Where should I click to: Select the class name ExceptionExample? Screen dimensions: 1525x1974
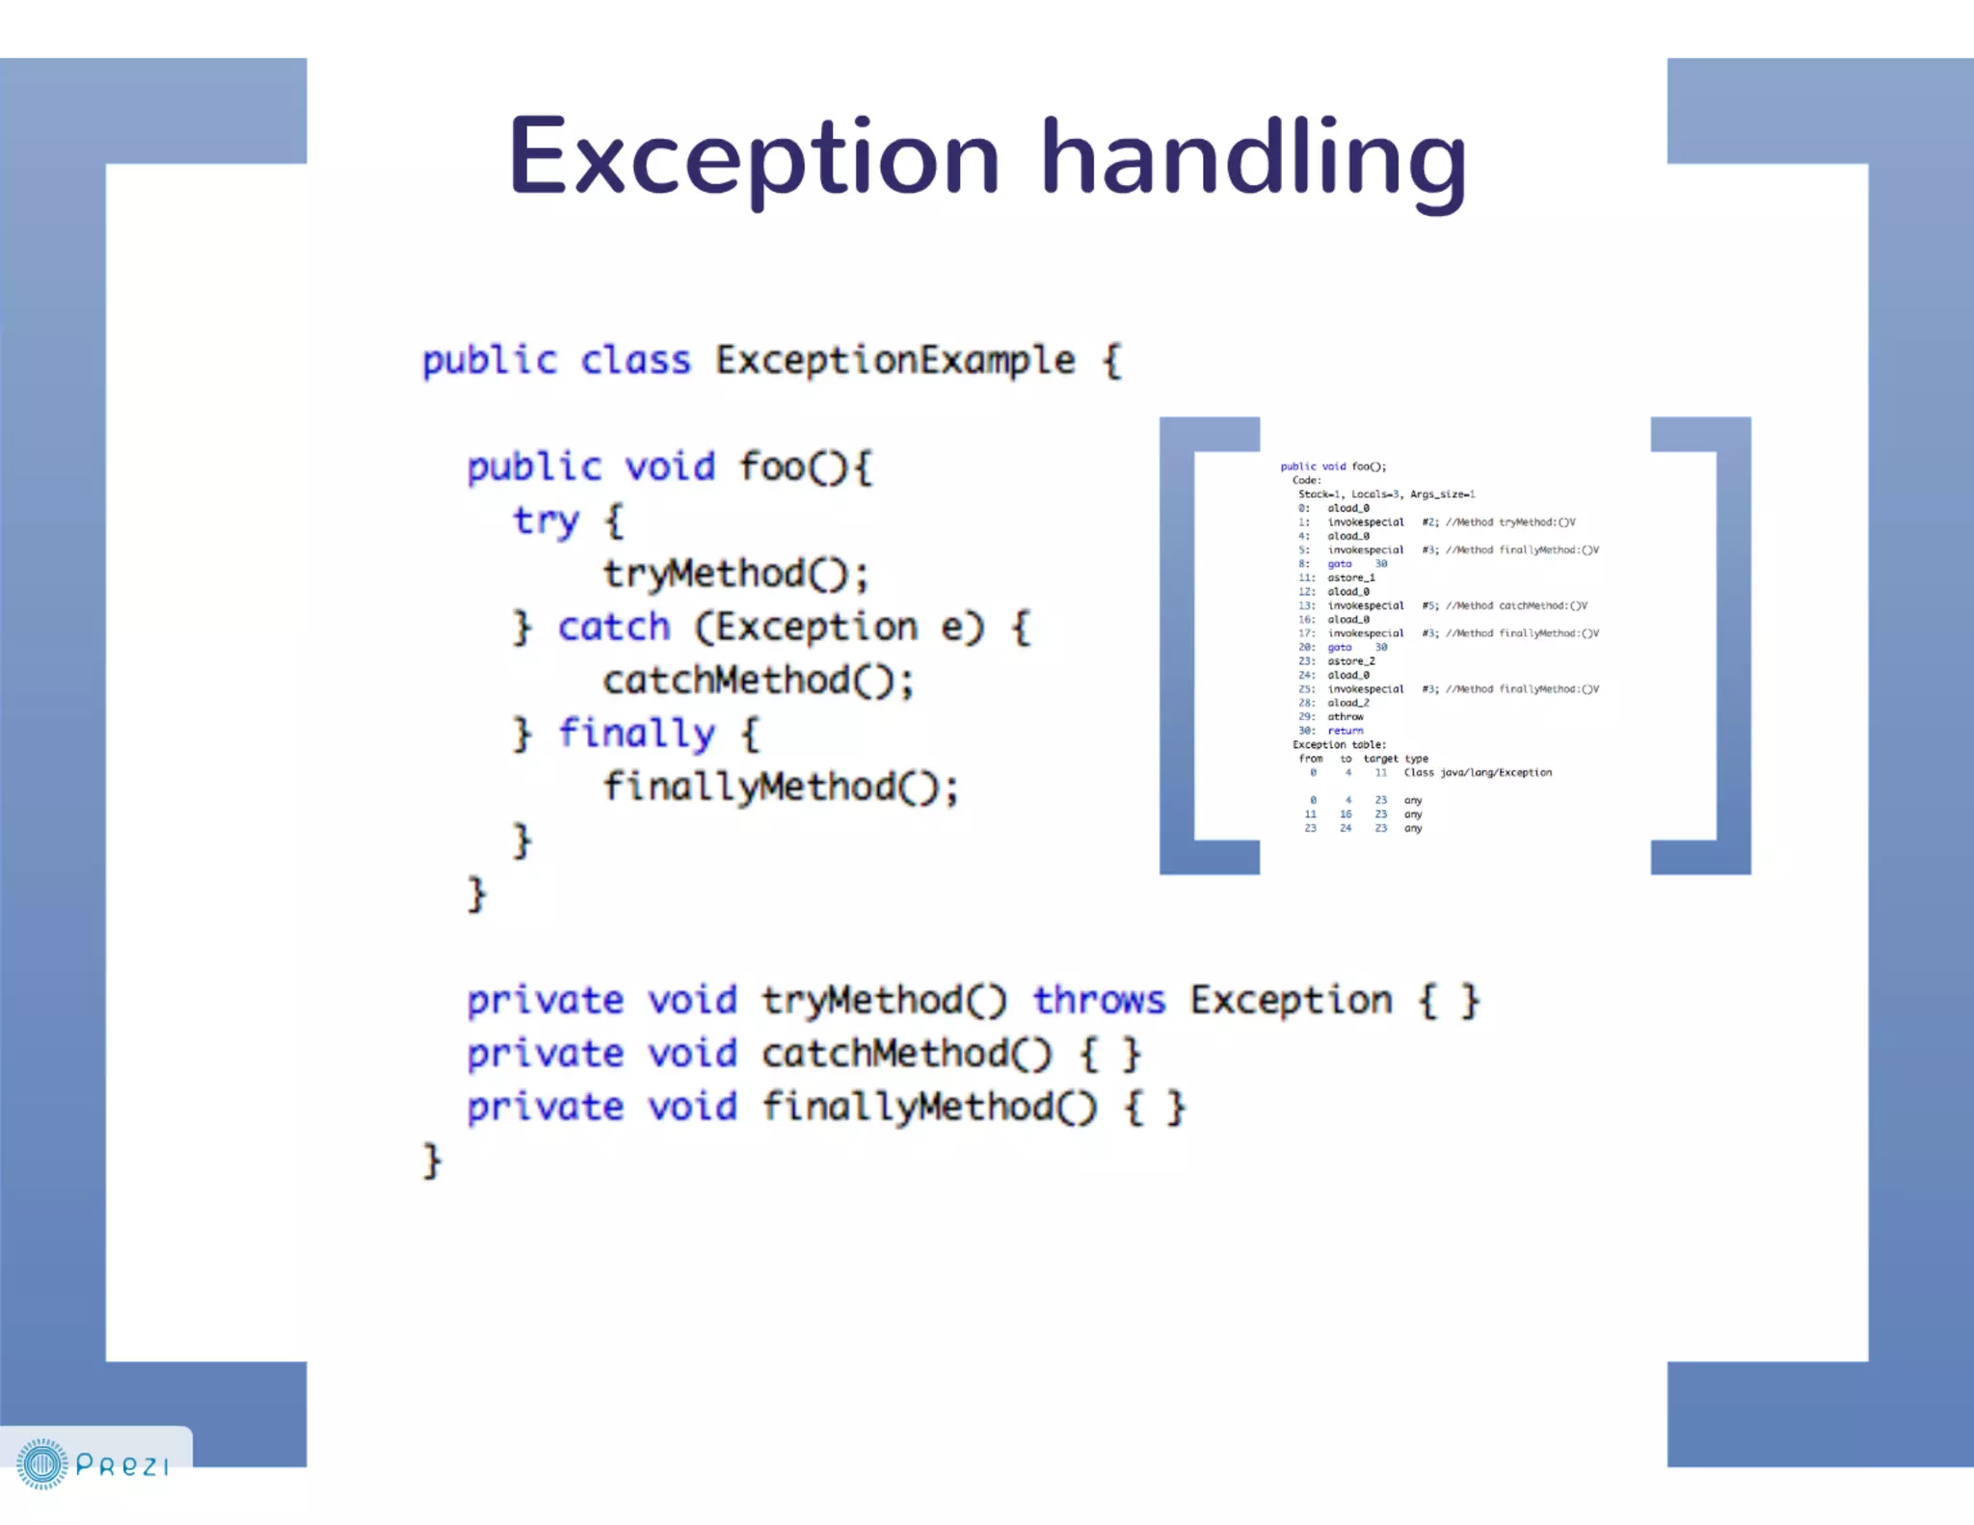[894, 361]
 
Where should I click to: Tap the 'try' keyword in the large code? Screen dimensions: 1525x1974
[546, 522]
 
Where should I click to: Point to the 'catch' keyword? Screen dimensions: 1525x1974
[614, 628]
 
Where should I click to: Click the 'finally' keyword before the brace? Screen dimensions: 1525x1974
[637, 734]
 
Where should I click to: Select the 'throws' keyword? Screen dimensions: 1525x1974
[1099, 1001]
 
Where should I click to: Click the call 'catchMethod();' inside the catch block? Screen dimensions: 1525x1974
[758, 681]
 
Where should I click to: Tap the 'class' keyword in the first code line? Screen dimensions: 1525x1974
[635, 361]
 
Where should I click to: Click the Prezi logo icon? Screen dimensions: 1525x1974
[42, 1464]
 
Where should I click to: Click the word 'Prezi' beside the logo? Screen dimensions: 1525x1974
[122, 1466]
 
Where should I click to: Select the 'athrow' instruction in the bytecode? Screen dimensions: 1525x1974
[1346, 717]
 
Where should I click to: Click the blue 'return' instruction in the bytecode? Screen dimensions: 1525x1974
[1346, 731]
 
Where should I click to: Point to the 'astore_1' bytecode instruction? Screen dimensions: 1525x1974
[1351, 577]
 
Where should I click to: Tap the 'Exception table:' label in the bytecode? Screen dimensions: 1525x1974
[1339, 745]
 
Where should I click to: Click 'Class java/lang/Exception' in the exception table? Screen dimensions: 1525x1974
[1478, 773]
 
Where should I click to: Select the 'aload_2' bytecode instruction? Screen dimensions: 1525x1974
[1348, 703]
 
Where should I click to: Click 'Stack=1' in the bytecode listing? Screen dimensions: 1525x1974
[1320, 495]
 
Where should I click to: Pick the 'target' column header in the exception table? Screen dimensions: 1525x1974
[1380, 759]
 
